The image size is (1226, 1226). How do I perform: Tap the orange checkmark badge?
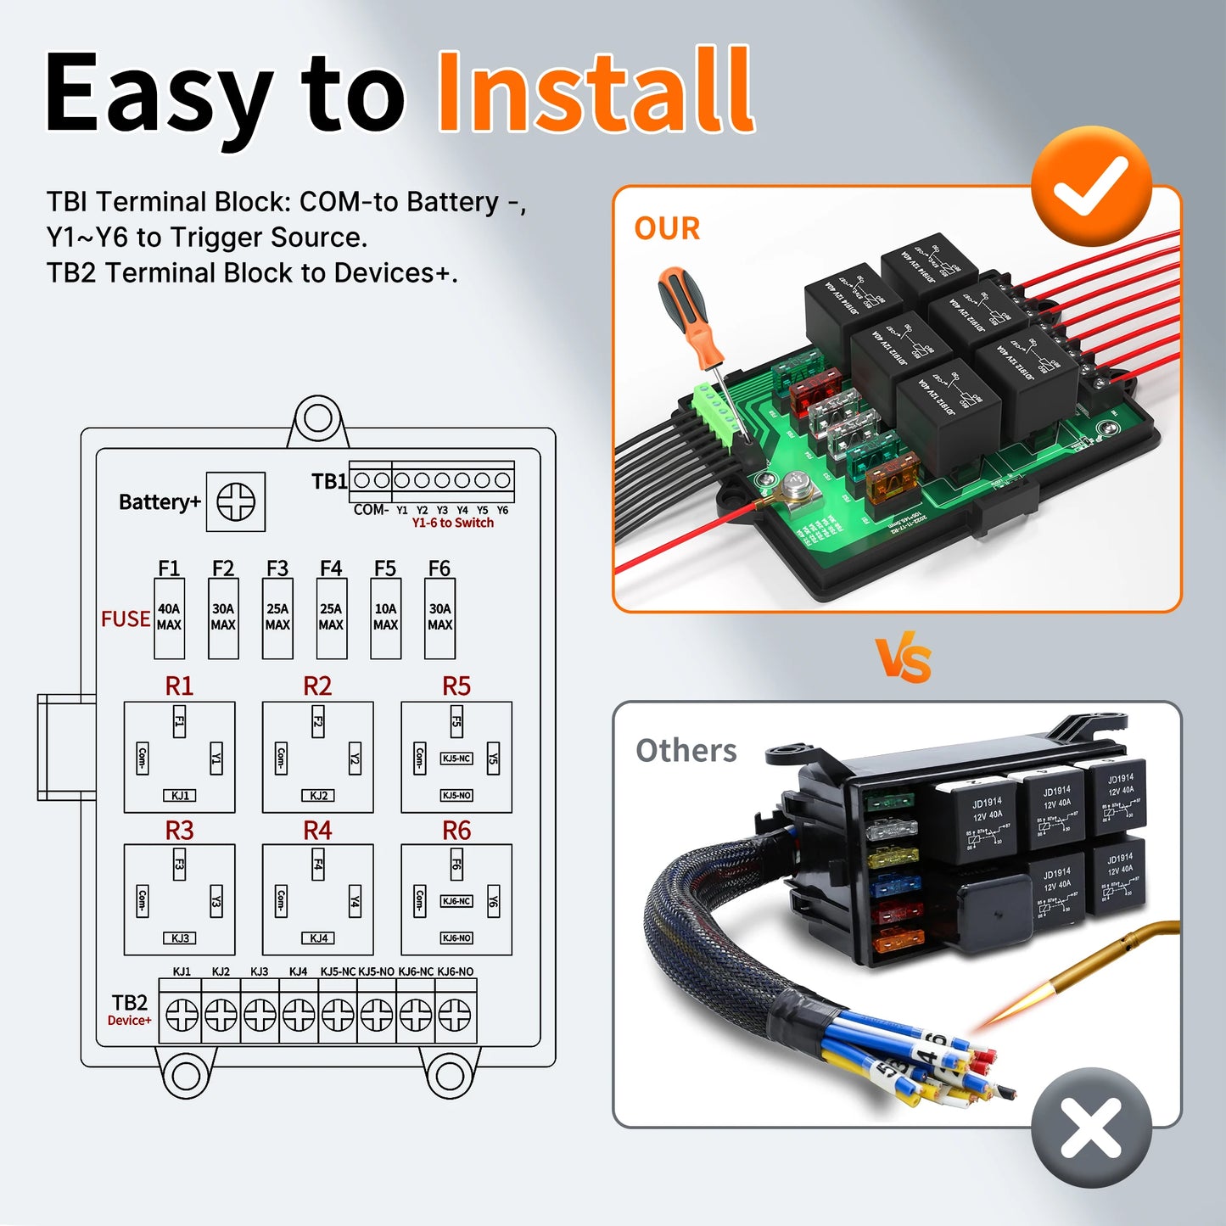click(x=1091, y=187)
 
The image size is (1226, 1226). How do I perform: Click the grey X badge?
click(x=1091, y=1128)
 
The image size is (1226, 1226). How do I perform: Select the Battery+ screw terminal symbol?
click(x=236, y=502)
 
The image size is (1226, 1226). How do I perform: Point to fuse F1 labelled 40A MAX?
click(x=169, y=618)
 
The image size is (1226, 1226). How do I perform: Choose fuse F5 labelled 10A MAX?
click(x=385, y=618)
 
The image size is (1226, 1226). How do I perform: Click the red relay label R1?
click(x=179, y=686)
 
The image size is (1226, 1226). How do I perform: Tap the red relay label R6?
click(x=456, y=831)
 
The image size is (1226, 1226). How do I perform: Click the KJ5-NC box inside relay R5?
click(x=456, y=759)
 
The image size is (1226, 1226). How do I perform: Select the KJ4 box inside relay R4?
click(x=318, y=938)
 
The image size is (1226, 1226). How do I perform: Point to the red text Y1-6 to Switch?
click(x=452, y=523)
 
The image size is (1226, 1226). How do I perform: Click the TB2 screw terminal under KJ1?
click(x=182, y=1014)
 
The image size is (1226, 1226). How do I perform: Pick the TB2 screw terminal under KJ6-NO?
click(x=455, y=1014)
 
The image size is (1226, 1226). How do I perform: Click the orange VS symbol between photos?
click(x=904, y=660)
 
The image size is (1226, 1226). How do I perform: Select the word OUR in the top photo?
click(x=667, y=229)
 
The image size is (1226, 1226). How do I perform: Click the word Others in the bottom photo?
click(x=686, y=751)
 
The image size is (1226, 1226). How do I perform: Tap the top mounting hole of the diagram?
click(x=317, y=418)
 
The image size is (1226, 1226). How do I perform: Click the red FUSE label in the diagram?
click(x=126, y=619)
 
